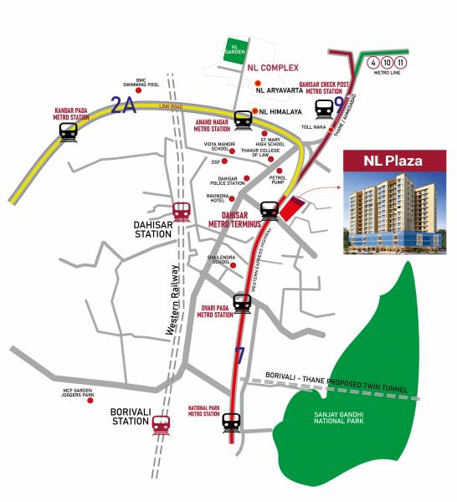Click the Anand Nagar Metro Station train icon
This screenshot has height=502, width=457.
[x=243, y=119]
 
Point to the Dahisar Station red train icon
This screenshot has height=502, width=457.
[x=181, y=212]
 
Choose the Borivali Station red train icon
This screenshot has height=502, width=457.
[x=162, y=426]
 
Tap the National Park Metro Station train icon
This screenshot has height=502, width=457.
[x=234, y=423]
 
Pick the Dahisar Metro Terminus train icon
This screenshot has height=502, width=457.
[x=270, y=209]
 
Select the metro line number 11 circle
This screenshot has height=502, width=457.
[x=403, y=62]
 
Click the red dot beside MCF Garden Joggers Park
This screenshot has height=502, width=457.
[x=90, y=400]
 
